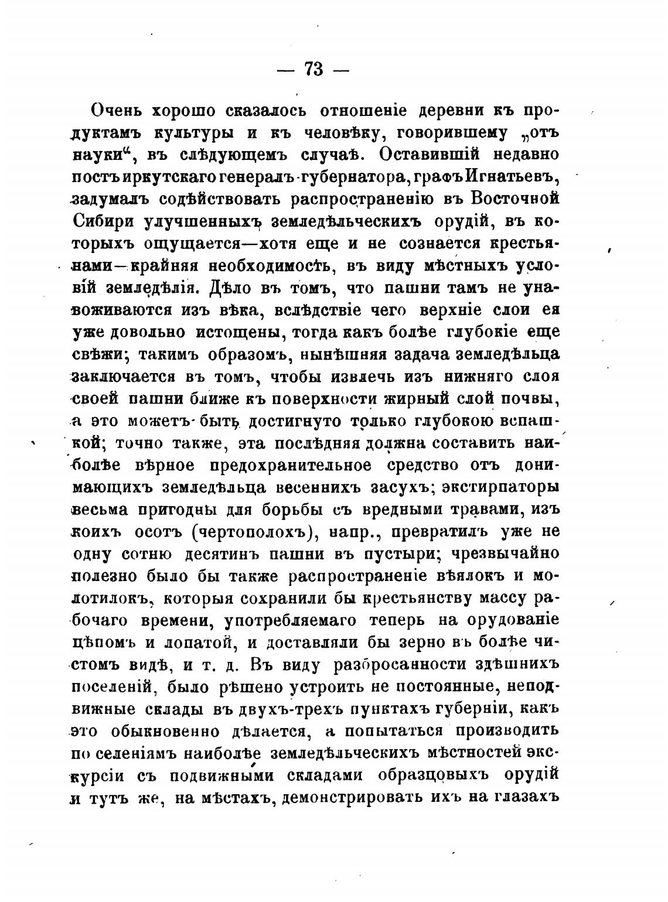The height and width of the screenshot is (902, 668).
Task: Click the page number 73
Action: [313, 69]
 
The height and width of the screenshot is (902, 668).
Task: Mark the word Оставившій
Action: [440, 155]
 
